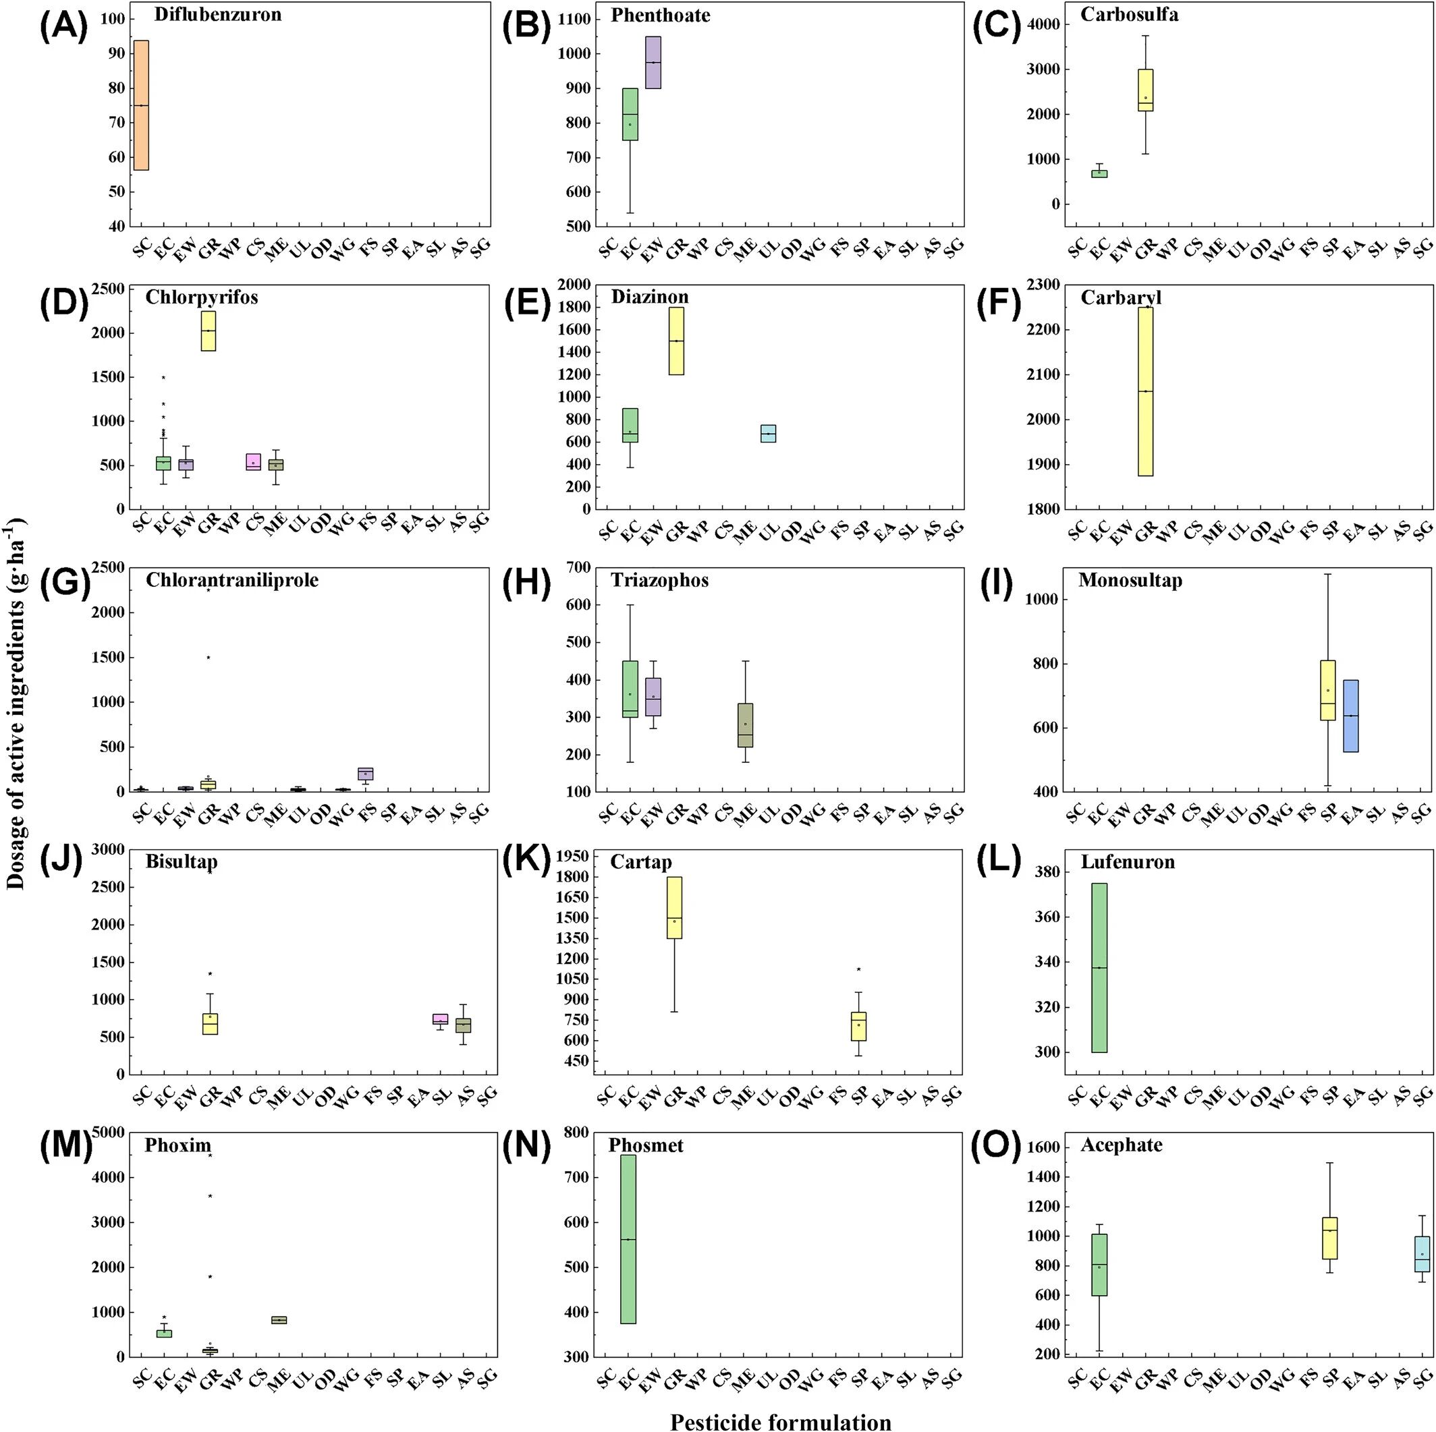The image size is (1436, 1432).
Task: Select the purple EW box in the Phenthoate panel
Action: pos(653,63)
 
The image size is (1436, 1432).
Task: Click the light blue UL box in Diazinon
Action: pos(768,433)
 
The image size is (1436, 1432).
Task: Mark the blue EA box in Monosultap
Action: pos(1350,716)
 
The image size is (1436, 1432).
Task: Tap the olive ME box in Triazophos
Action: pos(745,725)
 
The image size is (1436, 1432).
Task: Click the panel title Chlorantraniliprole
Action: pos(232,579)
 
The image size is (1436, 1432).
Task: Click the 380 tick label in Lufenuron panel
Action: pos(1045,871)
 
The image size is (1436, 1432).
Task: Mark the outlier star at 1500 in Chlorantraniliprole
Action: pos(209,657)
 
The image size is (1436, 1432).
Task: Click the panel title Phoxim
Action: pos(177,1145)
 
